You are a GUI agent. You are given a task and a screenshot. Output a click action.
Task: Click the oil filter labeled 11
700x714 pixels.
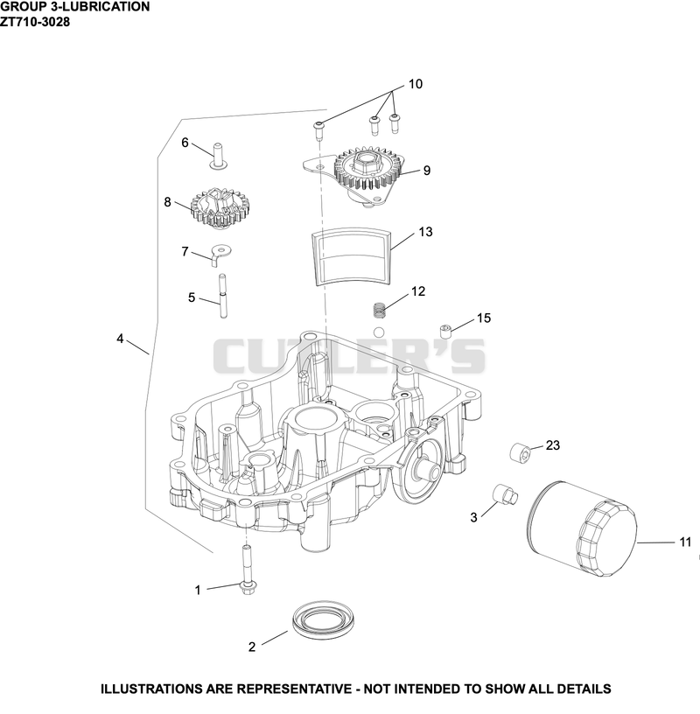pos(584,528)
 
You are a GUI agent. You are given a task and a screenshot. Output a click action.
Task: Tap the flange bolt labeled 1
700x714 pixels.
pos(247,570)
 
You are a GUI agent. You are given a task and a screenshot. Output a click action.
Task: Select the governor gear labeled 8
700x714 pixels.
pos(221,208)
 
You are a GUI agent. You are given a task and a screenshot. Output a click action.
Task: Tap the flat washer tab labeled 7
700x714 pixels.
pos(220,255)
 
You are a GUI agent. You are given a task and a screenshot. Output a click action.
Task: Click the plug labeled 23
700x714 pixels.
pos(521,451)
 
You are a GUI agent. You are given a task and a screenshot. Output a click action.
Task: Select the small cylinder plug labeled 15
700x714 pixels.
pos(445,331)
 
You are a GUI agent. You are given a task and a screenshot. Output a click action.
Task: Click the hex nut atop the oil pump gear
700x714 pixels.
pos(367,162)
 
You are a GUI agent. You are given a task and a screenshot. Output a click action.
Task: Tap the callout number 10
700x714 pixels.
pos(416,84)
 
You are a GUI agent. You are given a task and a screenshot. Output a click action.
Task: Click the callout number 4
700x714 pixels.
pos(120,339)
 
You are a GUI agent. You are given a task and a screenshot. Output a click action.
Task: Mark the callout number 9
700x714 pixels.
pos(427,171)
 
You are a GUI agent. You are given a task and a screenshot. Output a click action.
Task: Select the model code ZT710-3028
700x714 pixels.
pos(35,21)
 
